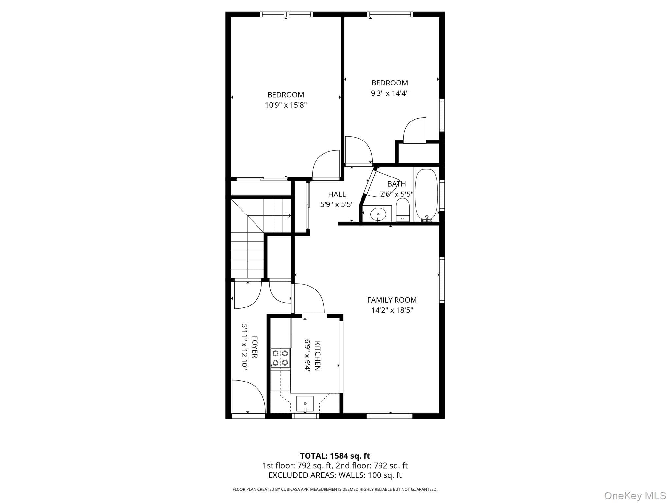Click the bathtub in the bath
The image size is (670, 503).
(426, 195)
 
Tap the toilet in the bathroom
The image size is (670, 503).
(403, 210)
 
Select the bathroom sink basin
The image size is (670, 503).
(378, 215)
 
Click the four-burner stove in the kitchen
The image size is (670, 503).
(280, 358)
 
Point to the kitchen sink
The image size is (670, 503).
(305, 403)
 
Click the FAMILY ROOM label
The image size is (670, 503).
(392, 300)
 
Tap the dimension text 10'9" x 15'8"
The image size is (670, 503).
(286, 105)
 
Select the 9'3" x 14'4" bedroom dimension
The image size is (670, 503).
(390, 93)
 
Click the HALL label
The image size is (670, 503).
(337, 194)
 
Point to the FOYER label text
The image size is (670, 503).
(255, 347)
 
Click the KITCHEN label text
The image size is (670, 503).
(317, 356)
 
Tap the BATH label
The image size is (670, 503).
(397, 184)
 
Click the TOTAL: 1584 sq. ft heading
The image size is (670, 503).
(335, 456)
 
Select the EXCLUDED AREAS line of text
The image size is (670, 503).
(335, 475)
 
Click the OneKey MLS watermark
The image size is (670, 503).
(635, 496)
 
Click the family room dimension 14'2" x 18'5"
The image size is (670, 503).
(392, 310)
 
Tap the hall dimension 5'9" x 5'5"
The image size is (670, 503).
(337, 205)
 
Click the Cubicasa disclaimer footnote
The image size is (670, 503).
(335, 489)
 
